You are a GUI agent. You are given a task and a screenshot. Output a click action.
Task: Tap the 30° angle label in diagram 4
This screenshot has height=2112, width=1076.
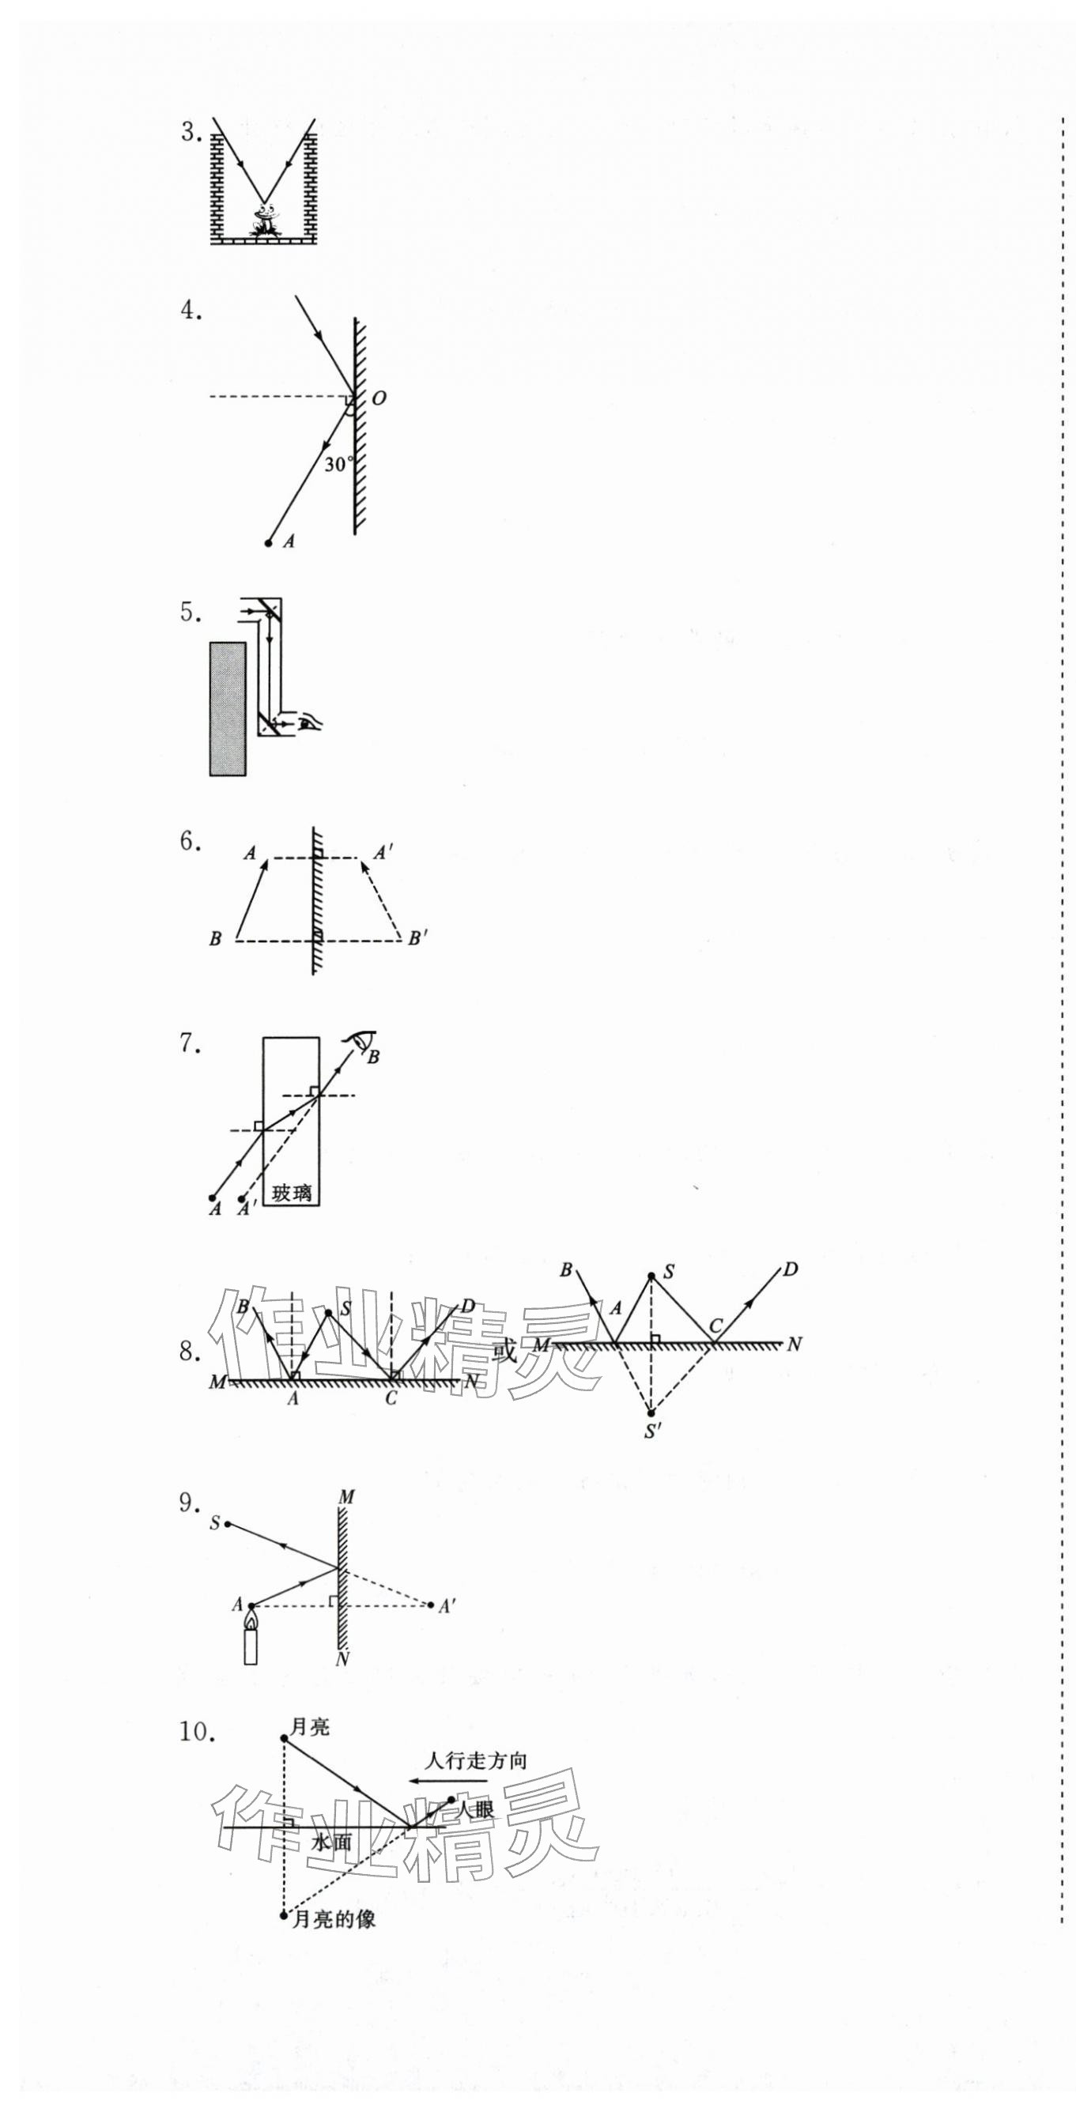coord(337,464)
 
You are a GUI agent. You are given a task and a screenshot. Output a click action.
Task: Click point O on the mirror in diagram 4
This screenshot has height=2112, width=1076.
coord(378,398)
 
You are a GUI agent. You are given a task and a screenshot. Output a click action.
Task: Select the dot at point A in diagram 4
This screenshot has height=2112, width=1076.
coord(268,543)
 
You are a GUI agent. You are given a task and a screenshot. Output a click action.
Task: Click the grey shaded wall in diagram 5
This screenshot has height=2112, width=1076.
coord(228,708)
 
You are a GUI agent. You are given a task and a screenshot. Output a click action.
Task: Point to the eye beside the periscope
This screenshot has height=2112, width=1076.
coord(310,722)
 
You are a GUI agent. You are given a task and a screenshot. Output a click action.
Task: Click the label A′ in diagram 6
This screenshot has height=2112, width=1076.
coord(383,854)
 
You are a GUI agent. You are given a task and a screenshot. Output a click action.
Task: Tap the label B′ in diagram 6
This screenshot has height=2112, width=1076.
coord(417,939)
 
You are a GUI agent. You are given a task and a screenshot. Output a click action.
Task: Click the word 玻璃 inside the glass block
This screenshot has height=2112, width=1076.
coord(292,1193)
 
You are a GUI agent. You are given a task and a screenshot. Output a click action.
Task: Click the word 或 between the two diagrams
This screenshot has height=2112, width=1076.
coord(508,1351)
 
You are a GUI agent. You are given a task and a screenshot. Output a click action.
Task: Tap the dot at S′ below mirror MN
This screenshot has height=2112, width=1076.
coord(651,1412)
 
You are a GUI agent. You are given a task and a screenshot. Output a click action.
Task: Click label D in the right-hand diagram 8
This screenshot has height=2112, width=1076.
coord(790,1270)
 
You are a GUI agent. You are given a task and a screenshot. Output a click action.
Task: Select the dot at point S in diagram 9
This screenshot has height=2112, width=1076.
coord(228,1524)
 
